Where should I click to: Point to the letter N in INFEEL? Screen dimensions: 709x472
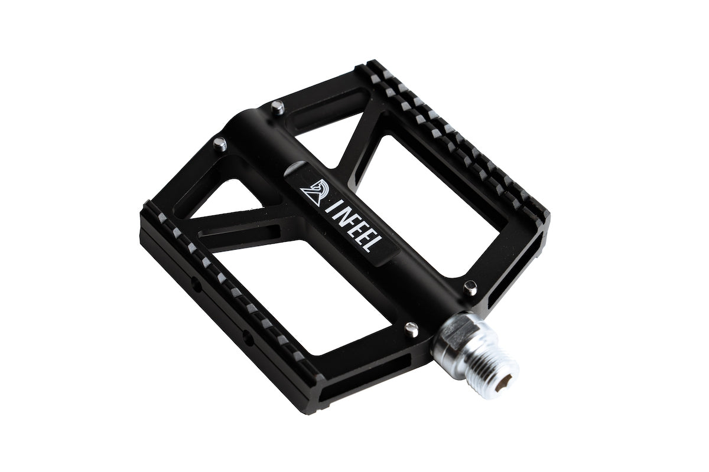[x=342, y=218]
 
